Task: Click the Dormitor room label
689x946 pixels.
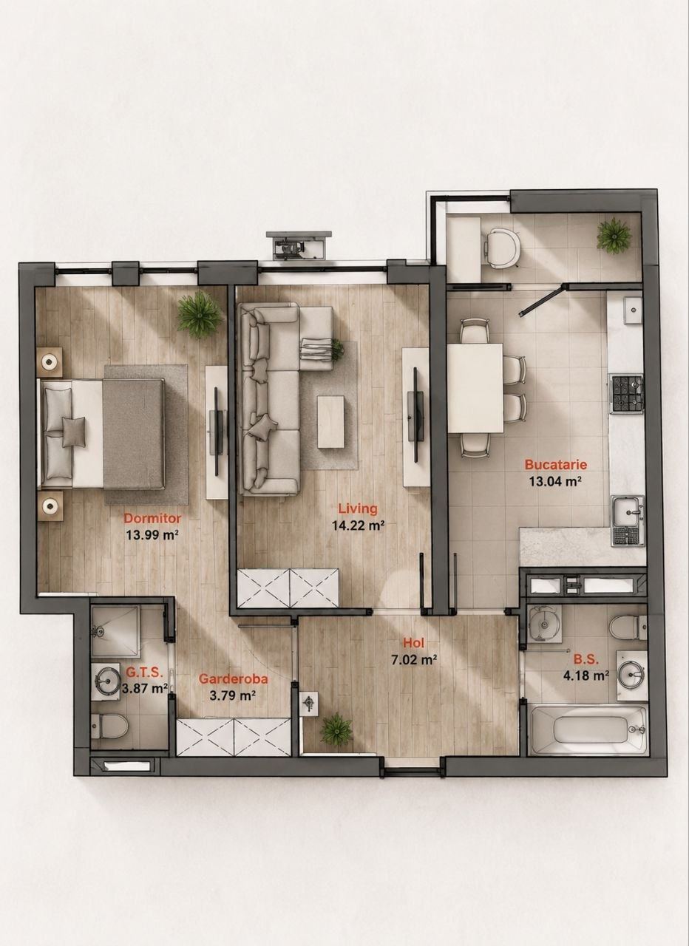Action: tap(152, 518)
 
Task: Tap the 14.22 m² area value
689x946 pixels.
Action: tap(358, 525)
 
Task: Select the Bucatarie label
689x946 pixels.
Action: tap(555, 465)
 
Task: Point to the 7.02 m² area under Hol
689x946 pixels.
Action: tap(413, 660)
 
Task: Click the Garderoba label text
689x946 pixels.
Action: tap(233, 678)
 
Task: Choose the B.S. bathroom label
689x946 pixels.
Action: tap(586, 660)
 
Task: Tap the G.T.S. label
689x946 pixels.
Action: tap(144, 672)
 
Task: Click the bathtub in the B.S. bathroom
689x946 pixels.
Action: tap(588, 729)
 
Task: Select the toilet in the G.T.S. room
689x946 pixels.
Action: tap(110, 726)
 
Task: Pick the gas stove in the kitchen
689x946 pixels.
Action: tap(627, 394)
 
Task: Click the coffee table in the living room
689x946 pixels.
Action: tap(330, 421)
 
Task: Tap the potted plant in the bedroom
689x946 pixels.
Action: tap(200, 314)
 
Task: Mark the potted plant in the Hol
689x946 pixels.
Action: tap(336, 728)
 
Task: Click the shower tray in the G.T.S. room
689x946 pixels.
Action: tap(116, 632)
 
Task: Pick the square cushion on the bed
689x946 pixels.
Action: tap(74, 432)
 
